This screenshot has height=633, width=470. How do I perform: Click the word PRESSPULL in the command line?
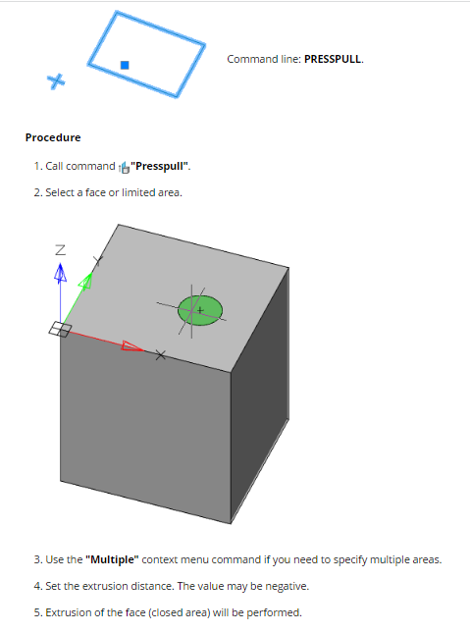[x=333, y=59]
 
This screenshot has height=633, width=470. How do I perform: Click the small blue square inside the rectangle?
[x=125, y=65]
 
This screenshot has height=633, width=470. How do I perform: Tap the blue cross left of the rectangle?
[x=56, y=81]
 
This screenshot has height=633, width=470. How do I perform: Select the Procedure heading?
[x=53, y=137]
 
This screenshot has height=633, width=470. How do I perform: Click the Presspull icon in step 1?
[x=125, y=167]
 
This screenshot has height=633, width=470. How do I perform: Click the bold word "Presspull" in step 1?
[x=160, y=166]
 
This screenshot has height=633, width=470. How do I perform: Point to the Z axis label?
[x=60, y=250]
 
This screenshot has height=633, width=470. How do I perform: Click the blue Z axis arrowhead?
[x=60, y=272]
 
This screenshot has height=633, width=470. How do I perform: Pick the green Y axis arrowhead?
[x=86, y=281]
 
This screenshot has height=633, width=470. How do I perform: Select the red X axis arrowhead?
[x=132, y=346]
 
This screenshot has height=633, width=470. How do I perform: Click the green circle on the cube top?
[x=200, y=310]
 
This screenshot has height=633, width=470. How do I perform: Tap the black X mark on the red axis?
[x=160, y=355]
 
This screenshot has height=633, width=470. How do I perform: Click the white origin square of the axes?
[x=60, y=329]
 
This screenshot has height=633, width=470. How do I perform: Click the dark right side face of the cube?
[x=260, y=396]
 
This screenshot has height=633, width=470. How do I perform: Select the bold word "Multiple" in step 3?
[x=112, y=560]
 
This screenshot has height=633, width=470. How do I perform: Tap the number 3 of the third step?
[x=37, y=560]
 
